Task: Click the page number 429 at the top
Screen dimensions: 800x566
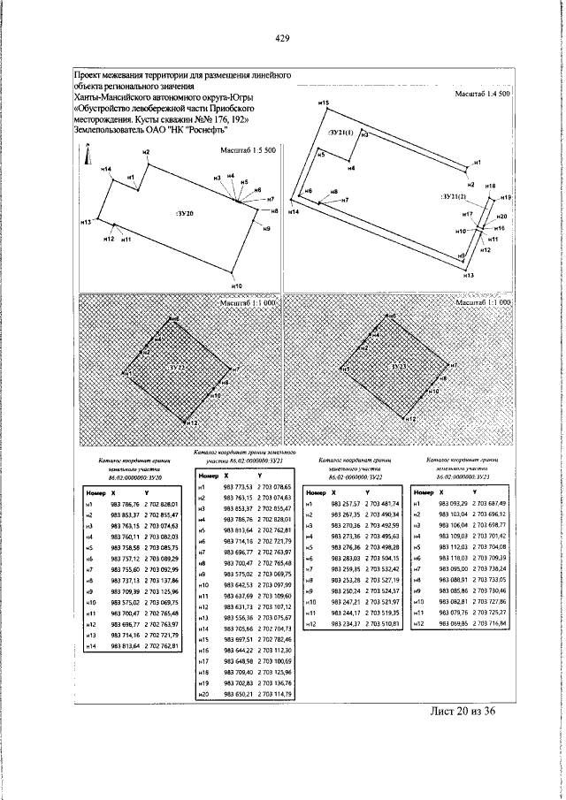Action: (x=282, y=37)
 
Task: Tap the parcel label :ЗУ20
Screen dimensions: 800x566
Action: (x=185, y=214)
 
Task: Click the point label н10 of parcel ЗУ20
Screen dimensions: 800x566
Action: (x=236, y=286)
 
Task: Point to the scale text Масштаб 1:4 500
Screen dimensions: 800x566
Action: (x=482, y=94)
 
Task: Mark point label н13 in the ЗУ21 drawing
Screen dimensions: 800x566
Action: (x=468, y=277)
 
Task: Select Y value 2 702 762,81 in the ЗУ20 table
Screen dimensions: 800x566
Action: (x=163, y=646)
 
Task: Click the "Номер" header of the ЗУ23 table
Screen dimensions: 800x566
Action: (x=424, y=491)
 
